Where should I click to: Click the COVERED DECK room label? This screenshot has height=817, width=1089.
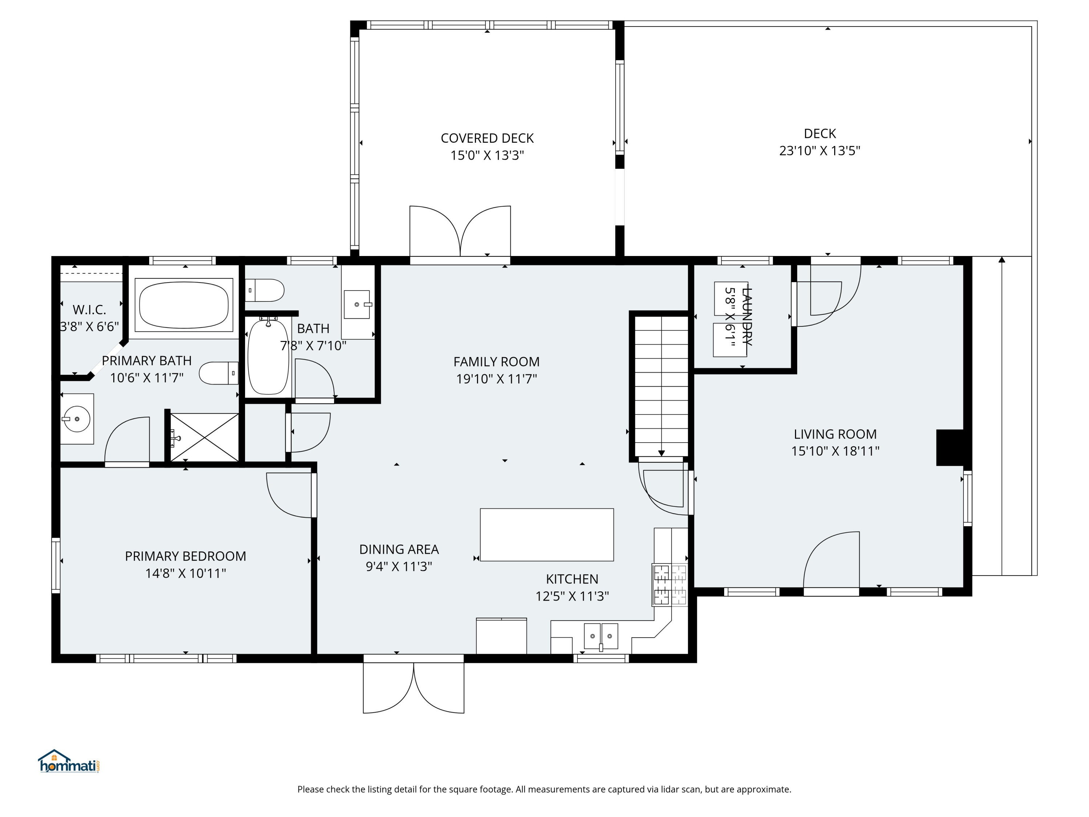487,138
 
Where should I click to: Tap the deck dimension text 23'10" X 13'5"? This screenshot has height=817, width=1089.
820,151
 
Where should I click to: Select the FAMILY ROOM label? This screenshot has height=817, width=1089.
496,362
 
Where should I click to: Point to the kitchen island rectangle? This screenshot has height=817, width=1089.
546,535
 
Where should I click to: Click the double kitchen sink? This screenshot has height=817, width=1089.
601,636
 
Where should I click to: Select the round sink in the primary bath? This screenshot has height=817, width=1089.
77,419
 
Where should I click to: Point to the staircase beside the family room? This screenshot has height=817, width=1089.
661,387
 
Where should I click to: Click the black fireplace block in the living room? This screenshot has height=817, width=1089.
950,447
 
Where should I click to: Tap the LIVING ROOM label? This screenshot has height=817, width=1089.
835,434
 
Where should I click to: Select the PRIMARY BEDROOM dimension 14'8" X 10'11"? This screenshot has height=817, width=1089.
185,573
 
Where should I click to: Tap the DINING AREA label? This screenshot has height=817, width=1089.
399,550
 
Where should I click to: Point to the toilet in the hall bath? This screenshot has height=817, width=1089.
265,290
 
